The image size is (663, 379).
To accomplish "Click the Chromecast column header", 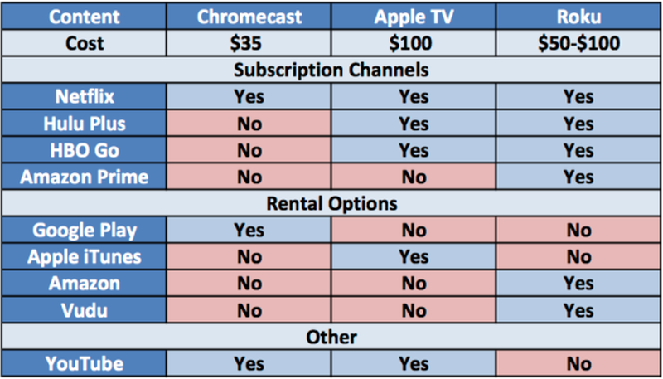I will click(x=249, y=16).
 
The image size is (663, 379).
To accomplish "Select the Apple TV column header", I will click(x=414, y=16).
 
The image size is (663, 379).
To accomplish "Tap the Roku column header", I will click(x=579, y=16).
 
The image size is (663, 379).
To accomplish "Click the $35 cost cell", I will click(x=249, y=42).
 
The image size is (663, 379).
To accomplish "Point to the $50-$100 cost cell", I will click(x=579, y=42).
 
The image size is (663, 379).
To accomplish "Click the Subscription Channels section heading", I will click(x=331, y=70).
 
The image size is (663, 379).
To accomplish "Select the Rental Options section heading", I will click(x=331, y=203).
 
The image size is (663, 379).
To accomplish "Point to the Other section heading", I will click(x=331, y=337).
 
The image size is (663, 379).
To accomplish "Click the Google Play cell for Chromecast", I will click(x=249, y=230).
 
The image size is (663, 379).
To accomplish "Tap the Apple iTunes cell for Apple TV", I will click(x=414, y=256).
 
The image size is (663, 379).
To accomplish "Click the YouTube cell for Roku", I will click(x=579, y=363).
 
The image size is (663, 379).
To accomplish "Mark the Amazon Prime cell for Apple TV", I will click(x=414, y=176).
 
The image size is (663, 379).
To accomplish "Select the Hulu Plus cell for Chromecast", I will click(x=249, y=123).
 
